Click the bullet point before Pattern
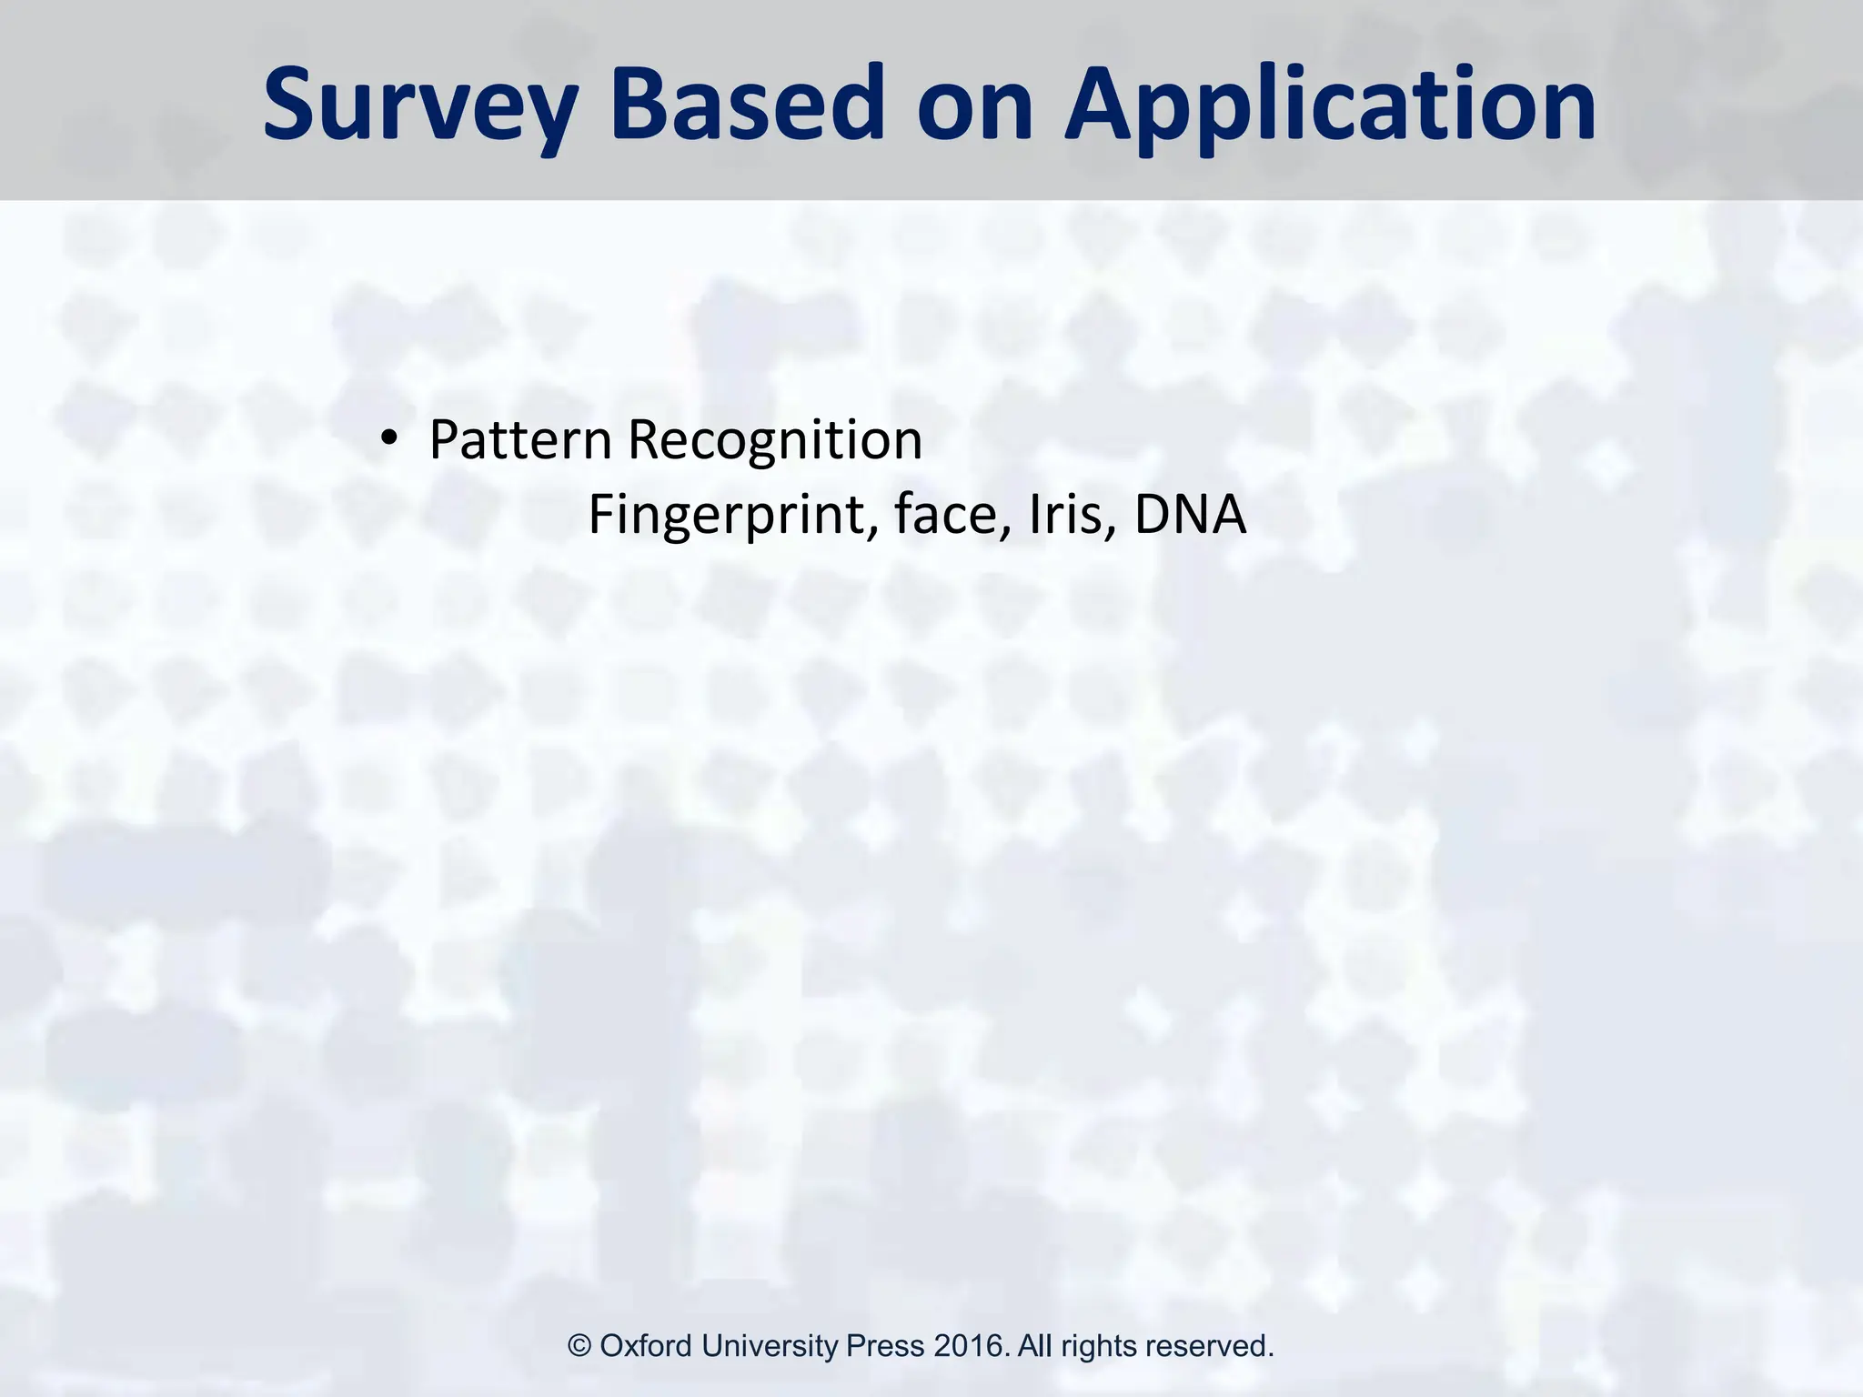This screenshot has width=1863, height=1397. click(389, 441)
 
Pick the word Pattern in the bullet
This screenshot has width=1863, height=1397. click(520, 440)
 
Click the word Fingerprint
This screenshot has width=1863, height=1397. click(733, 516)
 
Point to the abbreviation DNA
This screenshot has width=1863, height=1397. click(1190, 514)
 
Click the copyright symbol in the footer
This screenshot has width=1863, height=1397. click(579, 1346)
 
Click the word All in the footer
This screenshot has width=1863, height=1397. click(1034, 1346)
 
